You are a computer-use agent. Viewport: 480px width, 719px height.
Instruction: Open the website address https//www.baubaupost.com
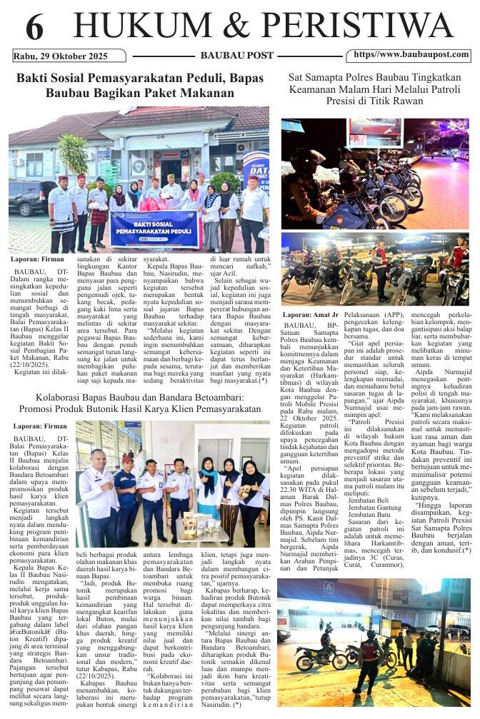click(x=411, y=54)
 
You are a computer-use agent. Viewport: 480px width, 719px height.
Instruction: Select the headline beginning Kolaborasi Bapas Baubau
click(x=140, y=403)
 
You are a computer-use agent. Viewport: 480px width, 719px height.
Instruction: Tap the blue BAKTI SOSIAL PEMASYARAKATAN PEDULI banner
click(x=154, y=227)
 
